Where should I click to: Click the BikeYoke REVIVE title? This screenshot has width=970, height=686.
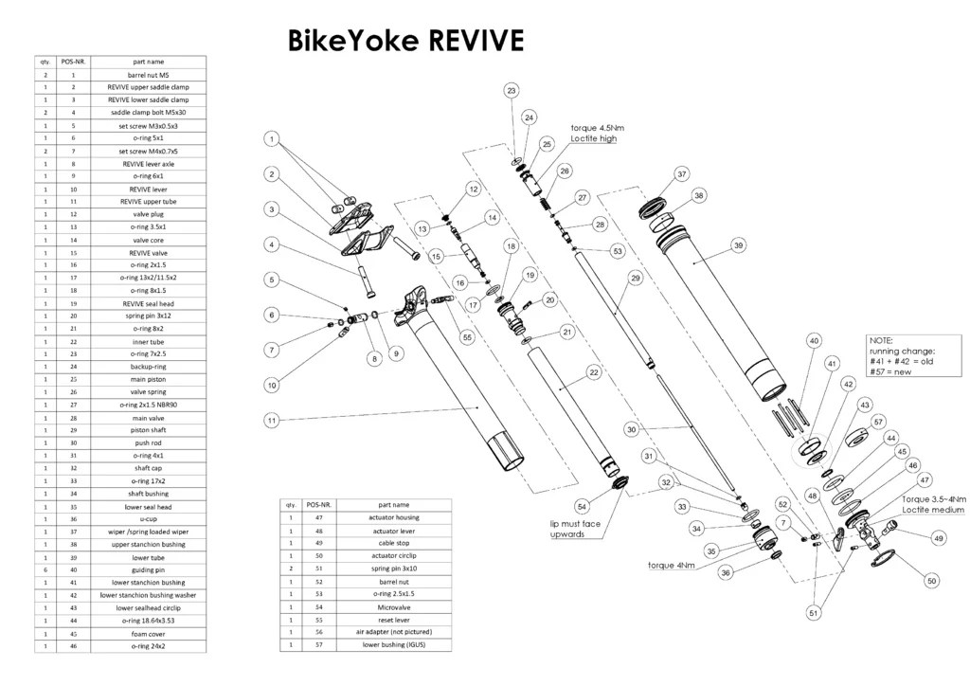pos(405,41)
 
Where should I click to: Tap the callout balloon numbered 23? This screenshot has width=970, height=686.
pos(512,91)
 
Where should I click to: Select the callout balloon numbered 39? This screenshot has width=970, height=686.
pos(738,245)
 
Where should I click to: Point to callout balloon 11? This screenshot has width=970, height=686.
pos(272,420)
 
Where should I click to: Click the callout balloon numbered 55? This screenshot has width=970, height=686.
pos(467,337)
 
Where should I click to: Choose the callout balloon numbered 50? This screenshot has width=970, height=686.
pos(931,580)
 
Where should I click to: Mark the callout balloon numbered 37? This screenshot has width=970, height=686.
pos(681,174)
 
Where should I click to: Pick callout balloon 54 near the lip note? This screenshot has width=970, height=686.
pos(583,506)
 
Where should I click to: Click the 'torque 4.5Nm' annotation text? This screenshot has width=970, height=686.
pos(597,127)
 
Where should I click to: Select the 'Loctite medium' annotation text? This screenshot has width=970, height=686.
pos(933,510)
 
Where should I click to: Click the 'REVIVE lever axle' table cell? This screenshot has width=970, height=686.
pos(148,163)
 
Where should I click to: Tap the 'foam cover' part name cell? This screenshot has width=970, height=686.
pos(148,633)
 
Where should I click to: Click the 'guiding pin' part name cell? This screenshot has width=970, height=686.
pos(148,569)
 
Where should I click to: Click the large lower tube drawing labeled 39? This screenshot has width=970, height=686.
pos(722,313)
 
